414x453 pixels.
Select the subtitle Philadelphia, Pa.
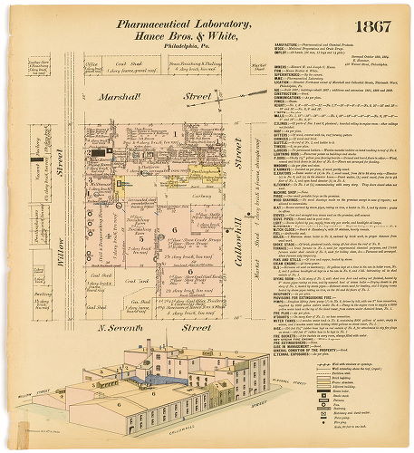[149, 45]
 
